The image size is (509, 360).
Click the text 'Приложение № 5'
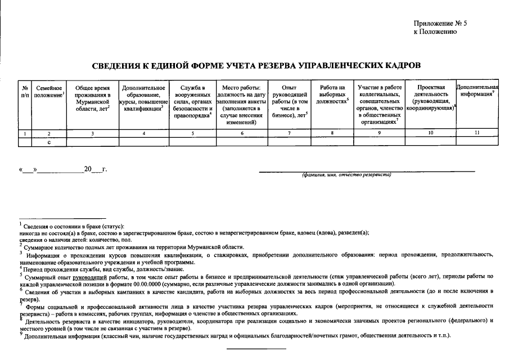[440, 24]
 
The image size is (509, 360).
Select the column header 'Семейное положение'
[48, 92]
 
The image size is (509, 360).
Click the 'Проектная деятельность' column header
[431, 98]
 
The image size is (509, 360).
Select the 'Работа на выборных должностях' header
[332, 94]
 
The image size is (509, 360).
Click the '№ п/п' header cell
[25, 92]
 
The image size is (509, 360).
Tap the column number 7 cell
[289, 133]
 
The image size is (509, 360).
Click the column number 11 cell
[477, 133]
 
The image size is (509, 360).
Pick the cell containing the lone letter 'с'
[49, 142]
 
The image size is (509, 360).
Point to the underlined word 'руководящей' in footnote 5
[97, 277]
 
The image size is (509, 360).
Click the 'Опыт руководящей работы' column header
[289, 101]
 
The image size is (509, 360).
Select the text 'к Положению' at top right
[435, 32]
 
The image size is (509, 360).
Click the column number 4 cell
[143, 133]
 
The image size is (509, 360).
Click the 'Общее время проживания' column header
[92, 98]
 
